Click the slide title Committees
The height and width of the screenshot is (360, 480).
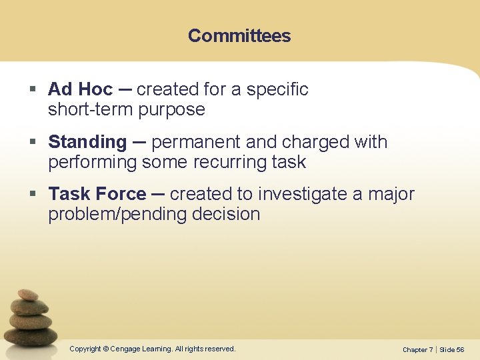coord(239,36)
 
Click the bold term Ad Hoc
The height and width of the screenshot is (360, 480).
coord(80,89)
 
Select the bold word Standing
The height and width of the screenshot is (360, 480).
coord(87,142)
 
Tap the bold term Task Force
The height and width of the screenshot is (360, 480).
coord(97,194)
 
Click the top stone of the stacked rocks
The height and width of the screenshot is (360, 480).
coord(27,294)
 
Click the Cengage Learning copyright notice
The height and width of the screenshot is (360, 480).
coord(153,349)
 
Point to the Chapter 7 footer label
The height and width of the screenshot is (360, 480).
coord(417,350)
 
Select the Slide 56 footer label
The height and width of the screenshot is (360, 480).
coord(452,350)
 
